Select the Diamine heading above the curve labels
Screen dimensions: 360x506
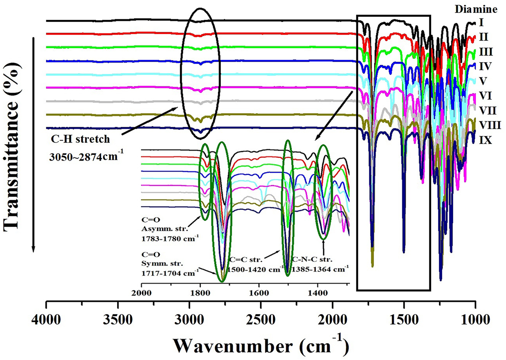(x=476, y=9)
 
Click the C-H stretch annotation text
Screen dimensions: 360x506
(x=80, y=139)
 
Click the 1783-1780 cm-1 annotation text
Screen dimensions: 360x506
(x=169, y=238)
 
